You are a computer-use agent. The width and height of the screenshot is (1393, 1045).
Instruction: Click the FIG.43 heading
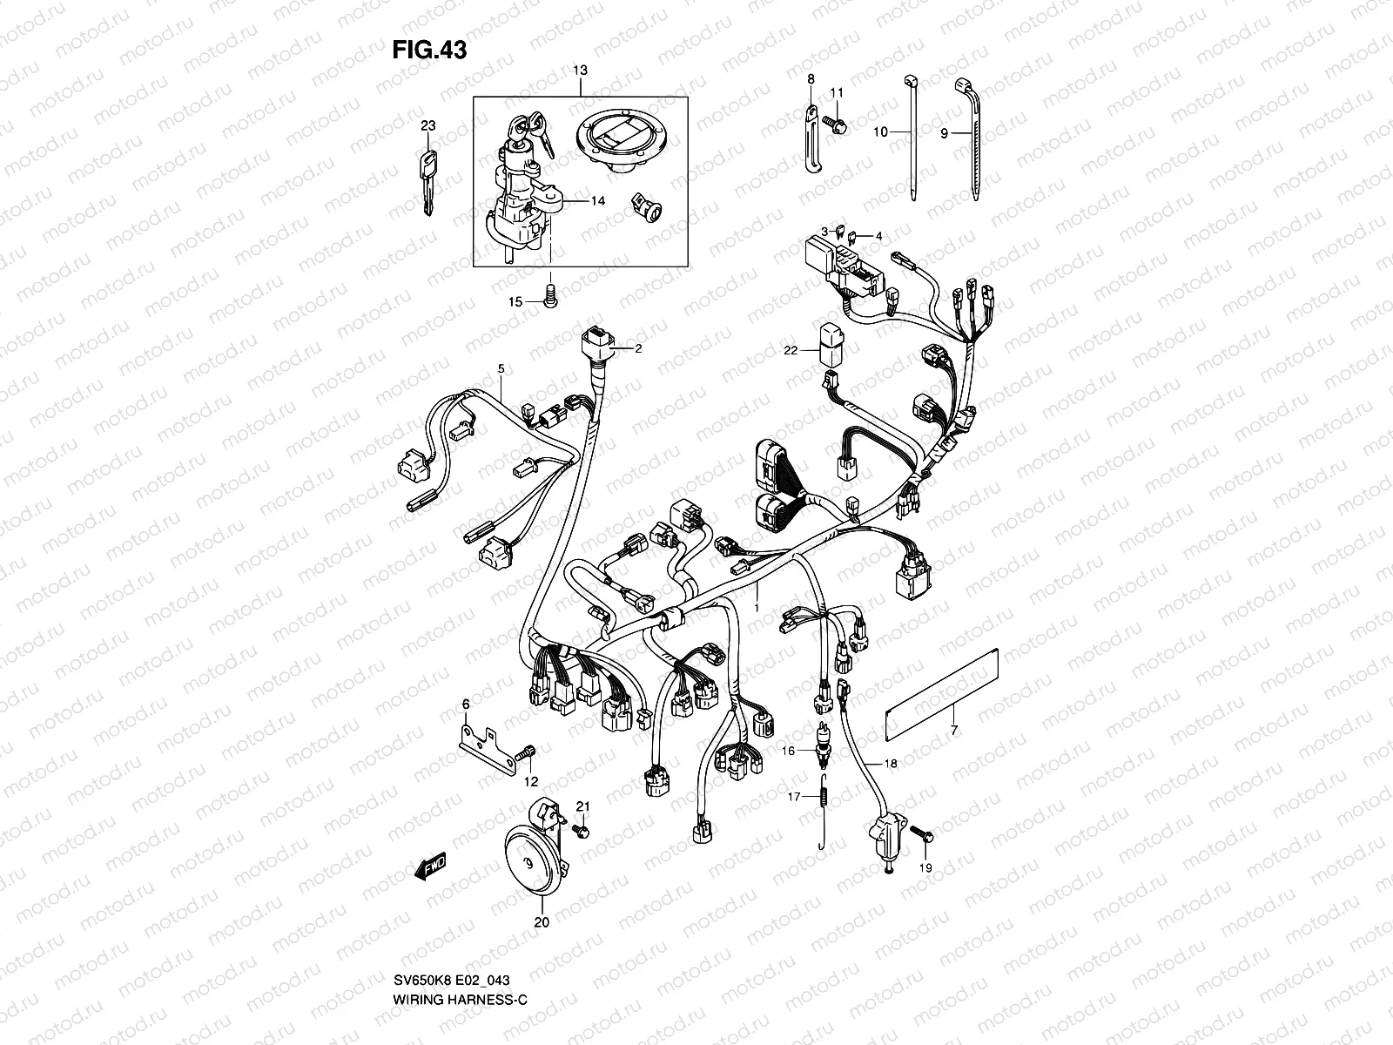pyautogui.click(x=428, y=50)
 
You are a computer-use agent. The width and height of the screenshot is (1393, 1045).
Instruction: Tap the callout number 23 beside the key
pyautogui.click(x=427, y=125)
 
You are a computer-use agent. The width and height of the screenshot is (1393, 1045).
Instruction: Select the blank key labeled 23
pyautogui.click(x=427, y=182)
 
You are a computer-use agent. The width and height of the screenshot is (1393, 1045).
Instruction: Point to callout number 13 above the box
pyautogui.click(x=581, y=70)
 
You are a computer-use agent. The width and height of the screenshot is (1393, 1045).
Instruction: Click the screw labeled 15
pyautogui.click(x=549, y=298)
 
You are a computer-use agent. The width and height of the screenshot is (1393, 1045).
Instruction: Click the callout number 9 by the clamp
pyautogui.click(x=943, y=133)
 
